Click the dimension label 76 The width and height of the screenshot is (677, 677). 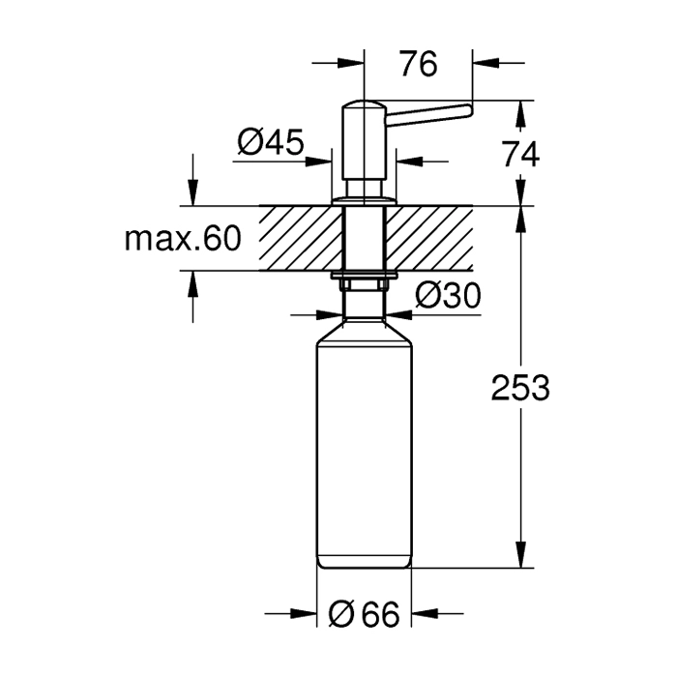coord(418,64)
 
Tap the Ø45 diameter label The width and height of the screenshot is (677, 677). coord(271,142)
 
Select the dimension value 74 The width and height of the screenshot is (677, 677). coord(520,155)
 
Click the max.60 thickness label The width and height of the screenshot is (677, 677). coord(183,239)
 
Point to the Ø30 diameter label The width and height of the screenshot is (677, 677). coord(448,296)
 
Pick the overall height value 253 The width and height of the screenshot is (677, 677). coord(520,387)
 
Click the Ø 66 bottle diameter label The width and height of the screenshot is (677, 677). coord(364,614)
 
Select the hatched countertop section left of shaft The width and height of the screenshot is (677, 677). coord(301,238)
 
